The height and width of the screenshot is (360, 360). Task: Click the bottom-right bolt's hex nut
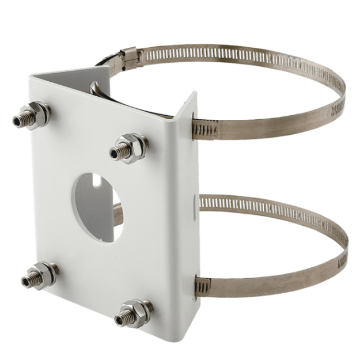click(138, 312)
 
